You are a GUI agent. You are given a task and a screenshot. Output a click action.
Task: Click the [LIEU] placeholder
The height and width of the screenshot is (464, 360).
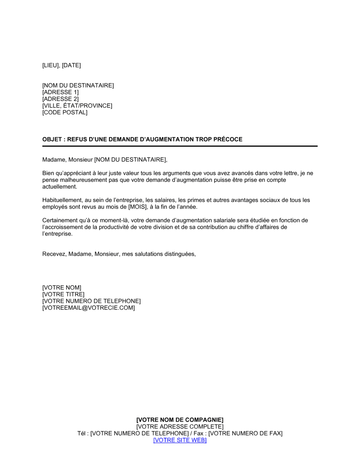(x=51, y=65)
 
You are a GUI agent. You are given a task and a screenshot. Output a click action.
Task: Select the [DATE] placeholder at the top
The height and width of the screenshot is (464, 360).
(x=71, y=65)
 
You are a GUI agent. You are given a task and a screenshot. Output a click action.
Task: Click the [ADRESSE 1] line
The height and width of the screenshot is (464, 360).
(x=60, y=92)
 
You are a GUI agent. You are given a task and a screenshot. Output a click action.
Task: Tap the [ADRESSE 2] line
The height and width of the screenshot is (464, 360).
(x=60, y=99)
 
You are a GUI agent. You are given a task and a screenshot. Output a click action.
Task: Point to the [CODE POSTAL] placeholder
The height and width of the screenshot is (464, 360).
(x=65, y=113)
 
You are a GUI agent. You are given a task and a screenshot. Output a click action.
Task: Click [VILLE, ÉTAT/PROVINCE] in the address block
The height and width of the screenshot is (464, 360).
(x=77, y=106)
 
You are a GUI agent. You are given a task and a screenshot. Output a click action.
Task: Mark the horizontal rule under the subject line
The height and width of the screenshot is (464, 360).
(x=180, y=146)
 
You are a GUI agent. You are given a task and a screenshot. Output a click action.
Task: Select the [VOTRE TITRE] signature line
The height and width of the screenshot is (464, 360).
(x=63, y=295)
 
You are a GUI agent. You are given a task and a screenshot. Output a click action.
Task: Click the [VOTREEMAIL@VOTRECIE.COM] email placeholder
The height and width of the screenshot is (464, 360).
(x=89, y=308)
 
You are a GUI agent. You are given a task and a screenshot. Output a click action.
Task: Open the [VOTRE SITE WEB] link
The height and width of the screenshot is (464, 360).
(x=180, y=440)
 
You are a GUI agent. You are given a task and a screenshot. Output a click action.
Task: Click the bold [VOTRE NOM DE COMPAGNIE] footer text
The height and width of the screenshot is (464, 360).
(x=180, y=420)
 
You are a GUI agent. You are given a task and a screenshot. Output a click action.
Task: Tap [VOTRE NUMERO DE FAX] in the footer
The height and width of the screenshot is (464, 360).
(x=246, y=433)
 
